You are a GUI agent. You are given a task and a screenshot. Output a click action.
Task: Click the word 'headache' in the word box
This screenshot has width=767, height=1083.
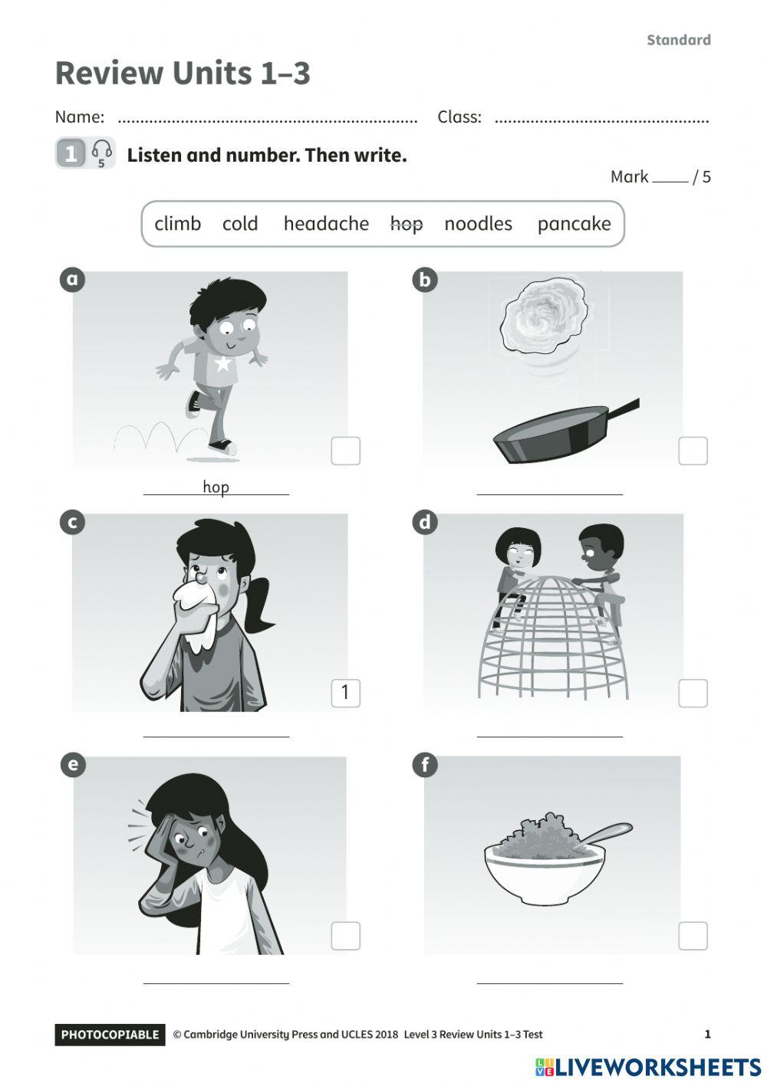pos(326,223)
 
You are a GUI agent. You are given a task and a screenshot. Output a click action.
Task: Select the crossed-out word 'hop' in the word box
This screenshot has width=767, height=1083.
pos(407,225)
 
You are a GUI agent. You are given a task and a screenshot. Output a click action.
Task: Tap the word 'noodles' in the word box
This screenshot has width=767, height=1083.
pos(478,223)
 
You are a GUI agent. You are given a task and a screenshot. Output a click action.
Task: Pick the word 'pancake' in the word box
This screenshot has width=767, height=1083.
pos(574,224)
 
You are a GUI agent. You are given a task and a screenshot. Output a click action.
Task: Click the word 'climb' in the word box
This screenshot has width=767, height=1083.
pos(178,223)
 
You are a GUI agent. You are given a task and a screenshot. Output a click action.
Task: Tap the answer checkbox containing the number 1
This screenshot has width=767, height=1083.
pos(345,693)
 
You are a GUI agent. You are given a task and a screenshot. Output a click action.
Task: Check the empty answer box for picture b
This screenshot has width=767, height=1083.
pos(693,451)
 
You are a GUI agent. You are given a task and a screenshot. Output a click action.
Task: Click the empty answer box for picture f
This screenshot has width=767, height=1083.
pos(693,936)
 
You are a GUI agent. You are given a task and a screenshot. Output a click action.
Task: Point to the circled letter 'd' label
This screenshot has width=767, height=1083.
pos(425,522)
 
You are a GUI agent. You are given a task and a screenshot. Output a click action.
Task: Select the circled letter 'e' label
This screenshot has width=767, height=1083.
pos(73,765)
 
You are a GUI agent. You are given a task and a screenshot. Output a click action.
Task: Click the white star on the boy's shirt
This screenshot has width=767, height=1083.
pos(222,363)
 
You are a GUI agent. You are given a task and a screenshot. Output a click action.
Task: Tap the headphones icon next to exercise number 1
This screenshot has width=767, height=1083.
pos(102,151)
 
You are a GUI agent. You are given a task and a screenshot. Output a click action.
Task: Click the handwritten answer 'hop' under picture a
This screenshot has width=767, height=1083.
pos(216,487)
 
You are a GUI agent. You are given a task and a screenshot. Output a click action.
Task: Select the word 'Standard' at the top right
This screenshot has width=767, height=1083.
pos(679,40)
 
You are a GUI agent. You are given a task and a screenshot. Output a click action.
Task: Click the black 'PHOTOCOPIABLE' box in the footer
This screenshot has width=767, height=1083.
pos(110,1034)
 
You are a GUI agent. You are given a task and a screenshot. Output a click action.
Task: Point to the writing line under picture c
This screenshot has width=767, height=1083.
pos(216,737)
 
